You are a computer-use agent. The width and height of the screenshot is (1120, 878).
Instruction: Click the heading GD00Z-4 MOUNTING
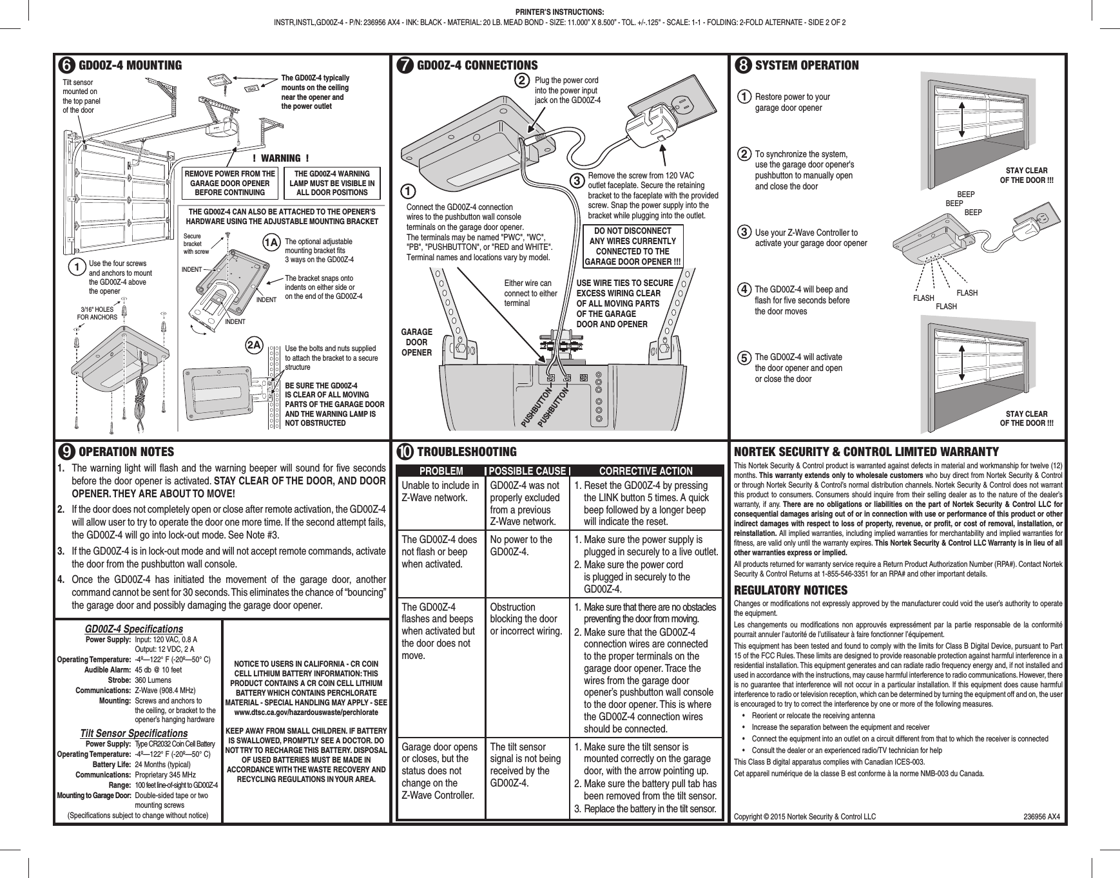pos(130,65)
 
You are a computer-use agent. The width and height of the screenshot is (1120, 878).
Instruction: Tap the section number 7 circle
pos(406,66)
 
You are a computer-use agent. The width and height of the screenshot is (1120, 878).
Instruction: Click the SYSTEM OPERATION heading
pos(806,65)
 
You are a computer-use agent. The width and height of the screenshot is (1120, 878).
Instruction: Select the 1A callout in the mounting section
pos(272,243)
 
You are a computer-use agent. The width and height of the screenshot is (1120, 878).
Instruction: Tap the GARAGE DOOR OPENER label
pos(416,342)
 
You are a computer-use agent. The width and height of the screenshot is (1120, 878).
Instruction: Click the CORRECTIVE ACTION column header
pos(646,471)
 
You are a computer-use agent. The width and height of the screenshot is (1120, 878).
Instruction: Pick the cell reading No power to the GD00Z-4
pos(521,546)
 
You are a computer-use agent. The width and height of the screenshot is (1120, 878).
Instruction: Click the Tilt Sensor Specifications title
pos(133,734)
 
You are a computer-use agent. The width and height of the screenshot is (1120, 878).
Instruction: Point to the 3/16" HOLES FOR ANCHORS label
pos(97,313)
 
